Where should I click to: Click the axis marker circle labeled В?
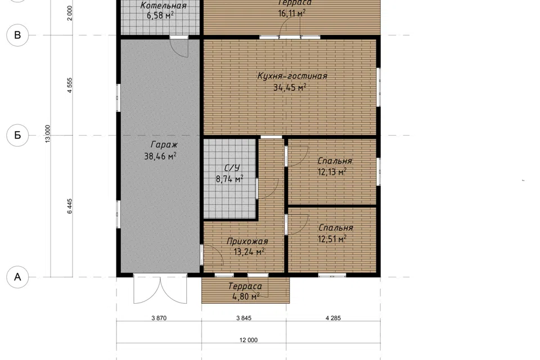click(17, 35)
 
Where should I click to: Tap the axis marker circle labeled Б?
click(17, 136)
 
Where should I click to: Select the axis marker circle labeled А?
click(17, 277)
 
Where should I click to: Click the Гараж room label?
click(164, 145)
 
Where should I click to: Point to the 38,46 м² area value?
click(160, 156)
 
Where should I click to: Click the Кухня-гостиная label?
click(292, 76)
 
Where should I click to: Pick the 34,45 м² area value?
click(290, 88)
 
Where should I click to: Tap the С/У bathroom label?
click(232, 168)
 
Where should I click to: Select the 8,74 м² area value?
click(229, 179)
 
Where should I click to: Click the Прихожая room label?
click(247, 241)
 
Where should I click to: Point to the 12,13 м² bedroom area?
click(332, 172)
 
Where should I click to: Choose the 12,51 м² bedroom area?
click(332, 238)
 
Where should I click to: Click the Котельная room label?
click(164, 6)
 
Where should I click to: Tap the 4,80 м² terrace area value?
click(246, 296)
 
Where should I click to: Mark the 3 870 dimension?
click(159, 318)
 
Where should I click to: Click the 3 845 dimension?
click(244, 318)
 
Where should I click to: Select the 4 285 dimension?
click(334, 318)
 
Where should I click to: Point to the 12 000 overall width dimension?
click(249, 340)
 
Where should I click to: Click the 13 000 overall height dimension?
click(47, 134)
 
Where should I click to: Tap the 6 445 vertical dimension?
click(70, 206)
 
